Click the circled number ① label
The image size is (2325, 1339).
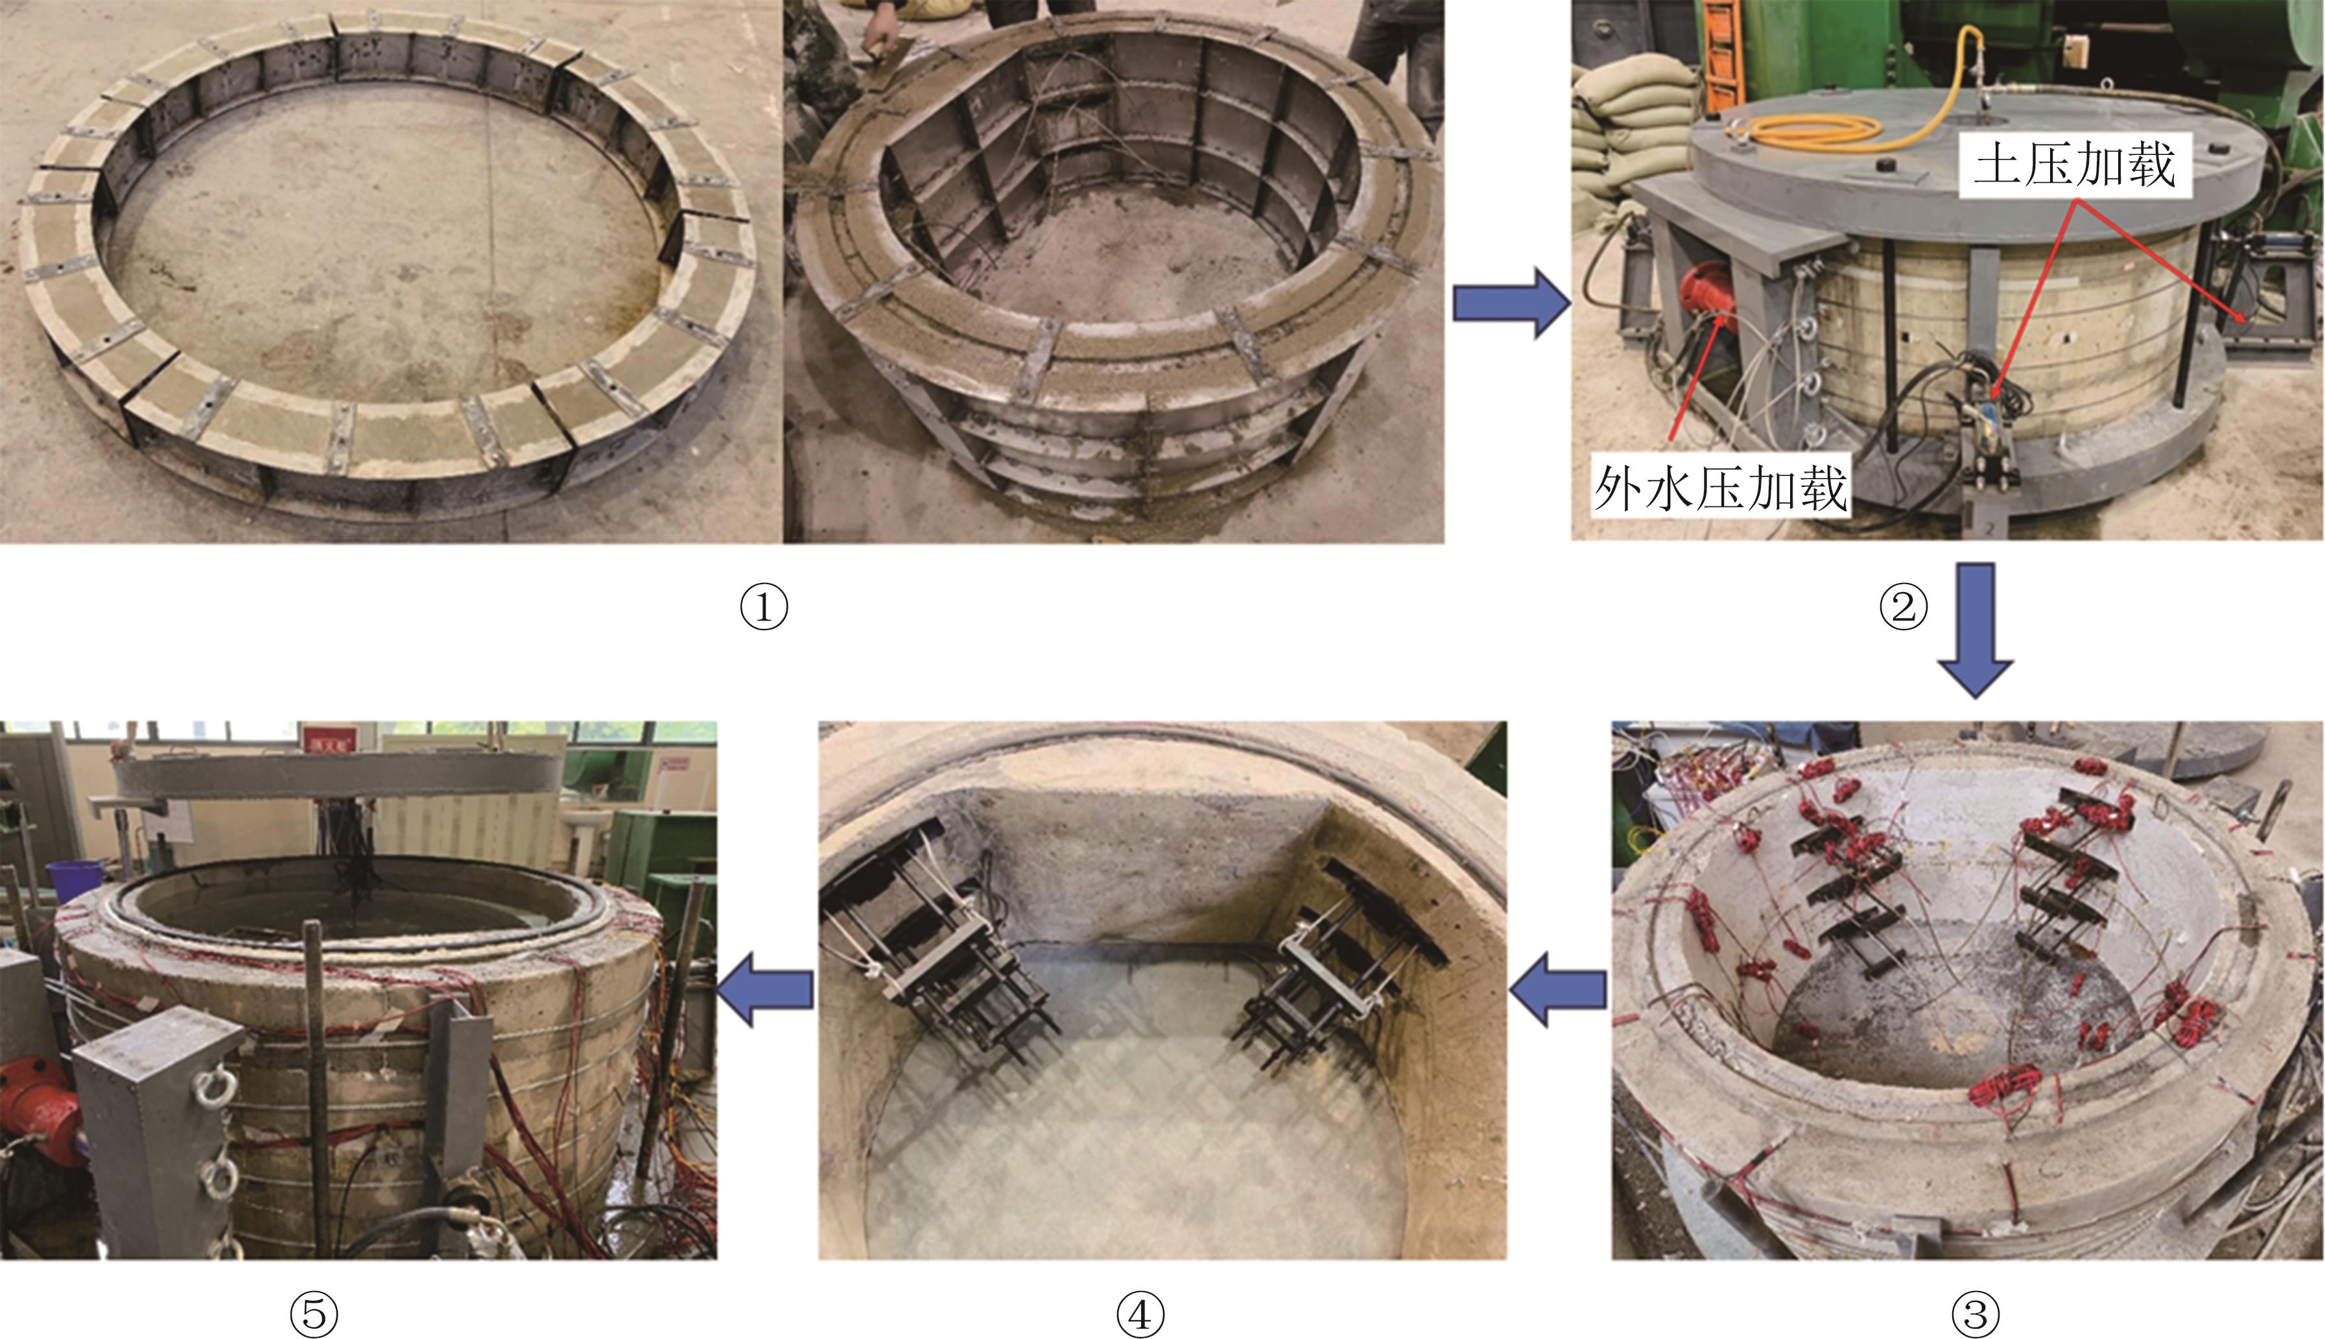(x=764, y=608)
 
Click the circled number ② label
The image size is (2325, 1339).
(x=1902, y=608)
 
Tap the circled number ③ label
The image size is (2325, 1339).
(x=1976, y=1314)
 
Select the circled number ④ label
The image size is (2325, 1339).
(x=1140, y=1314)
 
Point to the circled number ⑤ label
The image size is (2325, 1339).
(x=314, y=1314)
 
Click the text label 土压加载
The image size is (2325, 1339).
(x=2075, y=165)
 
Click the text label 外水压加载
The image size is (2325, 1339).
(x=1720, y=488)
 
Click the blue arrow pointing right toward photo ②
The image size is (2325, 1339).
(x=1511, y=303)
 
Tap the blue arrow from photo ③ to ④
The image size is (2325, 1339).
(x=1557, y=989)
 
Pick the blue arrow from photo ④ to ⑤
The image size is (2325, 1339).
(x=765, y=989)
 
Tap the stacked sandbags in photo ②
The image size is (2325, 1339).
(x=1629, y=129)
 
